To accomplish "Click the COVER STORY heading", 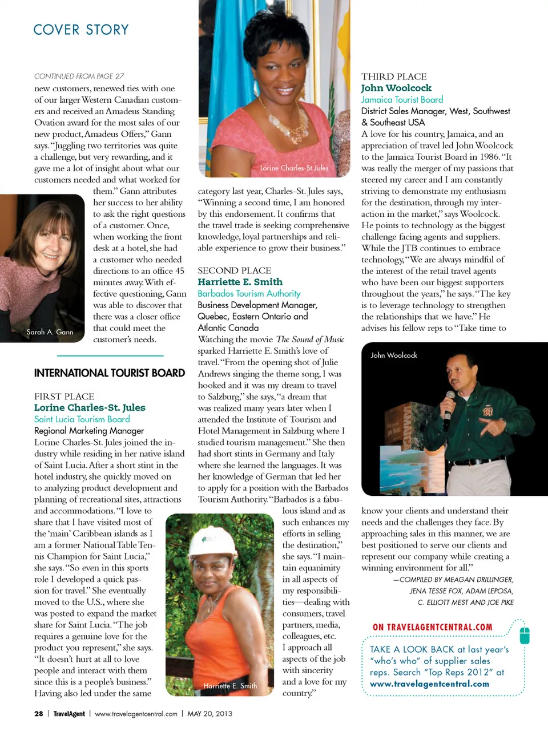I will click(x=81, y=30).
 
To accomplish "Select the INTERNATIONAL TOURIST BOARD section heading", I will click(x=110, y=373).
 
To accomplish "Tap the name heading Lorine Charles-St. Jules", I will click(x=90, y=407).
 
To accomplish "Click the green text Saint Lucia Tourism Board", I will click(x=82, y=419).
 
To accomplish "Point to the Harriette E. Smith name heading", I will click(x=240, y=282).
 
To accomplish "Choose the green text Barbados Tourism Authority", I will click(x=249, y=293).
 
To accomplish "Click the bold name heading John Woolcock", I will click(x=396, y=88).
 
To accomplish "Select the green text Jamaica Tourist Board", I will click(x=402, y=99).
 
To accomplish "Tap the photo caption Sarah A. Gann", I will click(x=50, y=332).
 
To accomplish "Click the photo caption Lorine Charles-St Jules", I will click(x=294, y=168).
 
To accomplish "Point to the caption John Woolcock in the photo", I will click(x=394, y=355).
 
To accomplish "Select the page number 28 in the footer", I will click(x=39, y=714).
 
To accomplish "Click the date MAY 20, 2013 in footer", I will click(x=209, y=714).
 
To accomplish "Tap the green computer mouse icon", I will click(x=525, y=634).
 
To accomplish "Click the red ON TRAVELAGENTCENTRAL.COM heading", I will click(x=432, y=627).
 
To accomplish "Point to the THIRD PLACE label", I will click(x=394, y=76).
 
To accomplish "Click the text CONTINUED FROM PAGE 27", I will click(x=79, y=76).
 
